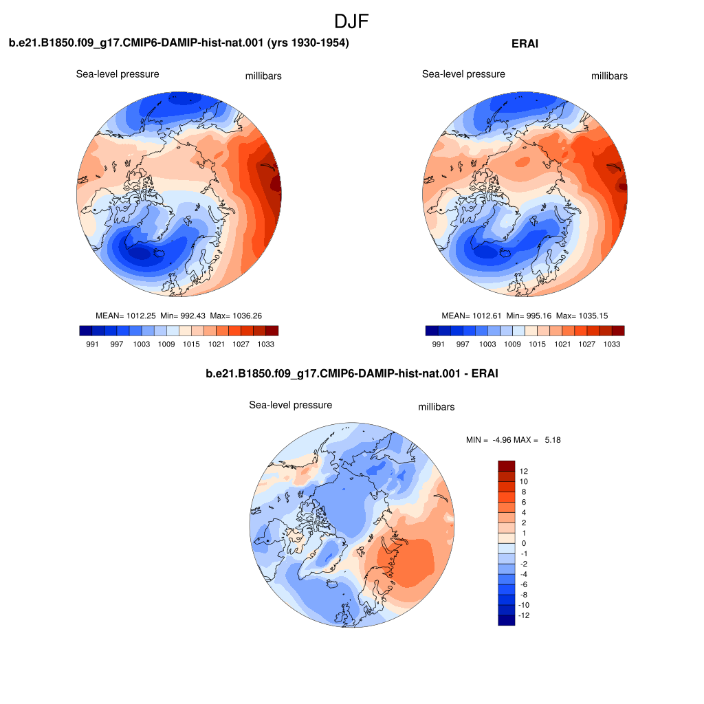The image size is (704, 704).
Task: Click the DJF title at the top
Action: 351,21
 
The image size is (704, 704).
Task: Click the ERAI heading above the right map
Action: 525,43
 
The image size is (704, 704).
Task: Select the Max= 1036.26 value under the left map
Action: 236,316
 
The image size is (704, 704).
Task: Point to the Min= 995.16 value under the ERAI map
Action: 529,316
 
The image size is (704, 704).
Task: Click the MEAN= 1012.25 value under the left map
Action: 125,316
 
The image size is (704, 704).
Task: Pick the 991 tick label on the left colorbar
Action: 92,344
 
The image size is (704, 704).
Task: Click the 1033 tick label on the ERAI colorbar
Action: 611,344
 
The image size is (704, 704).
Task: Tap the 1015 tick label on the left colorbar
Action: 191,344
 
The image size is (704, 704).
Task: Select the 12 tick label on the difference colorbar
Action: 523,471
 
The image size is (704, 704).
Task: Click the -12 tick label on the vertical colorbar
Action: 524,615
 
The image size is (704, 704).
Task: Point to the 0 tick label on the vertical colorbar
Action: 523,543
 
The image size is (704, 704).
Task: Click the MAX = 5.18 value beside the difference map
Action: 537,440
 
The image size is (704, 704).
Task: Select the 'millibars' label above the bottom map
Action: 437,407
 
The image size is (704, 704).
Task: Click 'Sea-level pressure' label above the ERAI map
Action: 463,74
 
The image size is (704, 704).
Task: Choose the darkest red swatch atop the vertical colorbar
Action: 507,465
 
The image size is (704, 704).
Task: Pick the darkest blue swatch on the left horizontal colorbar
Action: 86,331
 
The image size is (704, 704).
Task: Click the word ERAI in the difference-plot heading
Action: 485,373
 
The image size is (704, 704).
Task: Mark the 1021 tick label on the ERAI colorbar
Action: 562,344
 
